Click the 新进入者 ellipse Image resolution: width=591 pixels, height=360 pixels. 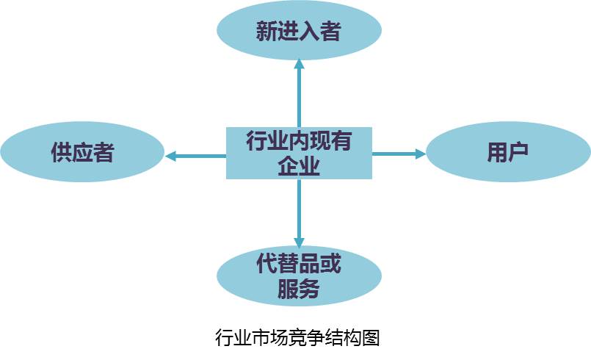coord(299,32)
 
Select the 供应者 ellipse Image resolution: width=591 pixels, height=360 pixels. coord(82,153)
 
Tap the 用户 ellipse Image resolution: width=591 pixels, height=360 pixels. coord(508,153)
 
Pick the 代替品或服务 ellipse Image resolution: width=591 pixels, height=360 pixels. coord(299,276)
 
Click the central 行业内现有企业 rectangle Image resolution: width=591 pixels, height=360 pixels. coord(299,153)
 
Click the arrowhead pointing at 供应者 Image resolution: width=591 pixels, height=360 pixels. coord(170,156)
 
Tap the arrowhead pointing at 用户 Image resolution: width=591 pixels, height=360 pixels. coord(421,154)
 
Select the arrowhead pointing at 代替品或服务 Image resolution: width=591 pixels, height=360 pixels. coord(299,242)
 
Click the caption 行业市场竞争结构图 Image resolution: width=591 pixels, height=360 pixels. coord(297,337)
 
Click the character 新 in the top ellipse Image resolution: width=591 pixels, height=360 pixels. coord(267,32)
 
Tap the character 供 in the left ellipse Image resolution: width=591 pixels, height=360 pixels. coord(61,153)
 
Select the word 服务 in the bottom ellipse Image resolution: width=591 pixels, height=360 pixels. coord(299,289)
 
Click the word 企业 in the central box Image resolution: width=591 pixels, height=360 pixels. coord(299,166)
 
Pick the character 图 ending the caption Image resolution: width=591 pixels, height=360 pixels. coord(370,337)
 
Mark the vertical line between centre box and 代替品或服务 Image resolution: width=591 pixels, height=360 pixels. coord(299,209)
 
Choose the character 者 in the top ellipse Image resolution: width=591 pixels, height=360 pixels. coord(330,32)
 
